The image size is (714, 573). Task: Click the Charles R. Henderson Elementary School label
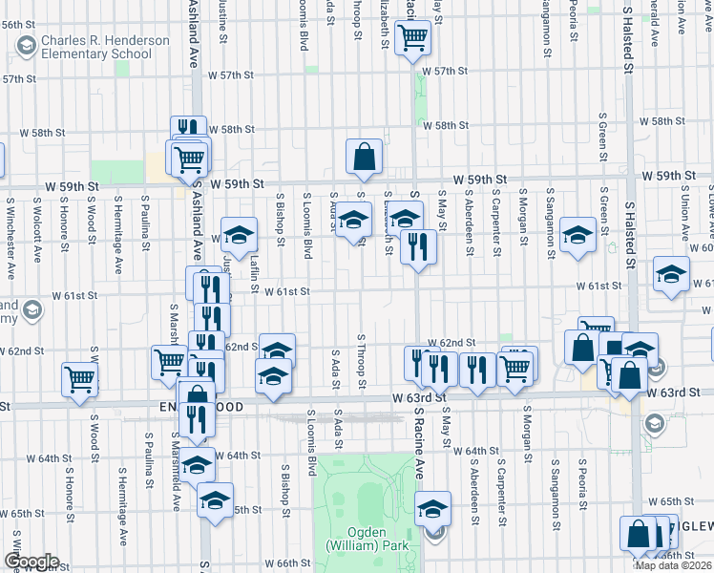click(98, 47)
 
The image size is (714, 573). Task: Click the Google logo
click(31, 562)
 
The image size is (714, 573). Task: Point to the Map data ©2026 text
click(674, 565)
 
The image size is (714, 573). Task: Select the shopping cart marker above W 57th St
click(413, 38)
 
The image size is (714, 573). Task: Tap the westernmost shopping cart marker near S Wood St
click(80, 378)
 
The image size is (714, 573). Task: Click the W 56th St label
click(18, 23)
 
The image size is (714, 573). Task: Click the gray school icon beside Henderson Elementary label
click(26, 45)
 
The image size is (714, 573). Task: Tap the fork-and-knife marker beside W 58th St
click(189, 131)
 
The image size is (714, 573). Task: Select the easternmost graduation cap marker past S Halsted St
click(671, 274)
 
